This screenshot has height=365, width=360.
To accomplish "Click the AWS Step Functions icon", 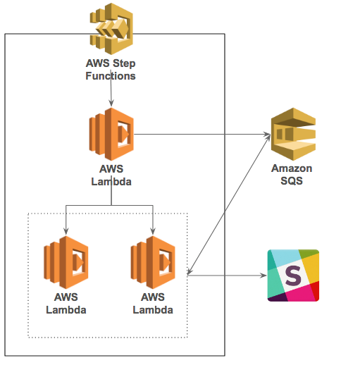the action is [x=111, y=29].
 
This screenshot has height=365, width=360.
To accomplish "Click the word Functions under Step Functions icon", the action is [x=111, y=76].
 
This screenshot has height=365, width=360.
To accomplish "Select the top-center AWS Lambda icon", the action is [x=111, y=134].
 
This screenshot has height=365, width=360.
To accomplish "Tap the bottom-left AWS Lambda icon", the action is [x=66, y=262].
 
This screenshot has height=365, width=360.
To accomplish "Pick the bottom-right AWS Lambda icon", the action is [x=153, y=262].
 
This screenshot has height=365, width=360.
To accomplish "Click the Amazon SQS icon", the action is [x=293, y=134].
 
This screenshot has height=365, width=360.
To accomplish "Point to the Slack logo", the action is [x=293, y=276].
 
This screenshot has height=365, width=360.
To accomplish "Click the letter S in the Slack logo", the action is [x=293, y=276].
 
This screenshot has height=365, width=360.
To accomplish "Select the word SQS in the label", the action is [x=292, y=181].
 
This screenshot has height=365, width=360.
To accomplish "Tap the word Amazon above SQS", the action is [x=292, y=168].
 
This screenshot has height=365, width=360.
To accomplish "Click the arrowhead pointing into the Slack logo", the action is [x=263, y=276].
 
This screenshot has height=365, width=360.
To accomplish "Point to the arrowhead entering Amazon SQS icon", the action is [x=267, y=135].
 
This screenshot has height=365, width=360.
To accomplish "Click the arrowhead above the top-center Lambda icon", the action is [x=111, y=104].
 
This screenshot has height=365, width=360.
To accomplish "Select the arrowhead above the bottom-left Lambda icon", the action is [x=66, y=231].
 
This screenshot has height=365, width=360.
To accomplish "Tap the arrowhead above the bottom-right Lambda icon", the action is [x=153, y=231].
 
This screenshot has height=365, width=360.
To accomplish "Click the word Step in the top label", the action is [x=124, y=63].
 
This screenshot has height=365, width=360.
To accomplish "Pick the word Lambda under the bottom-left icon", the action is [x=66, y=310].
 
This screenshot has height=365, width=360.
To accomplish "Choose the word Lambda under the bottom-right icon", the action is [x=153, y=310].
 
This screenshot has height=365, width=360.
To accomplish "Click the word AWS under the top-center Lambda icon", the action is [x=111, y=169].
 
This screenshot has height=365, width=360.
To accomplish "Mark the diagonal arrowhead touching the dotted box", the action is [x=190, y=271].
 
